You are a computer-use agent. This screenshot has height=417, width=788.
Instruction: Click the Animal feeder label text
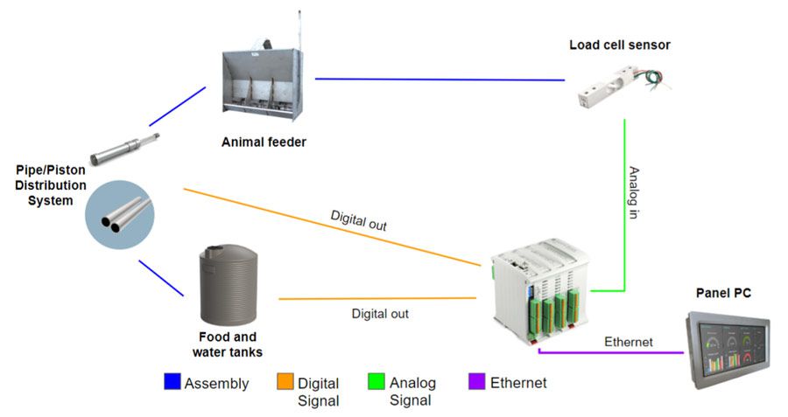point(264,142)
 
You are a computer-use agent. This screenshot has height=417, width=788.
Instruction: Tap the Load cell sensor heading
point(619,45)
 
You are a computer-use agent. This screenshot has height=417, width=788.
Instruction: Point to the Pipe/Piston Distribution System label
point(51,184)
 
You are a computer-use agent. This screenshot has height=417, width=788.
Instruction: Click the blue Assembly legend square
point(172,383)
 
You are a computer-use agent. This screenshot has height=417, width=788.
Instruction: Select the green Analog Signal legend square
point(377,383)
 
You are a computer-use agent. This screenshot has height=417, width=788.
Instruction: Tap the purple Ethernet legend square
point(478,383)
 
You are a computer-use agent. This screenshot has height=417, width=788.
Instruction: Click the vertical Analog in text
point(633,192)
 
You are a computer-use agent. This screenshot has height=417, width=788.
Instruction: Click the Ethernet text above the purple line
point(628,342)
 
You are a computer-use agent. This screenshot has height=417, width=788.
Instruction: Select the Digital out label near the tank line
point(380,313)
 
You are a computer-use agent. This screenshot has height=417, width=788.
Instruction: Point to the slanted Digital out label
point(358,219)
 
